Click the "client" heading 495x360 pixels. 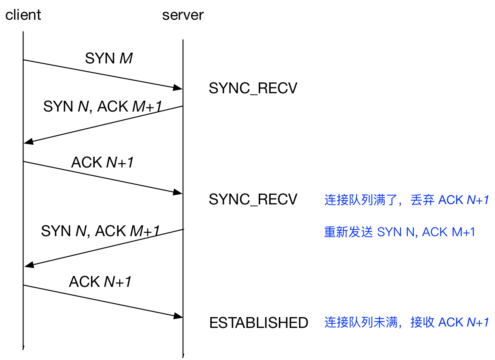pos(23,15)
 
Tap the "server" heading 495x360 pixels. pos(183,15)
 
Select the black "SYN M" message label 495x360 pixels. pos(109,58)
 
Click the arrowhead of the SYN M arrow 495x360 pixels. pos(178,88)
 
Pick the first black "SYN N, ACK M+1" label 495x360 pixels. pos(103,106)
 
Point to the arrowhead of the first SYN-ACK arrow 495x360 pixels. pos(28,141)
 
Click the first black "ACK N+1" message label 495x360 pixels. pos(102,162)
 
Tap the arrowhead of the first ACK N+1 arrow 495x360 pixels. pos(178,192)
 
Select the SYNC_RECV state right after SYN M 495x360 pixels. pos(253,88)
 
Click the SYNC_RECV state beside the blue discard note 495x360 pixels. pos(253,200)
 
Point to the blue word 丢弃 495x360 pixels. pos(422,200)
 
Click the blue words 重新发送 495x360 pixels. pos(349,232)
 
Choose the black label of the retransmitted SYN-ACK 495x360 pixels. pos(100,231)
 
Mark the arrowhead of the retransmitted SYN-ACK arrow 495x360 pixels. pos(29,265)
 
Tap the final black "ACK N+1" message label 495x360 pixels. pos(100,282)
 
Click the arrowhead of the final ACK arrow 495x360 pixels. pos(178,316)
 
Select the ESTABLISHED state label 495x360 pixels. pos(259,323)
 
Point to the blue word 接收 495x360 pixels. pos(422,322)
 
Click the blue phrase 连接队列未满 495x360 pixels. pos(361,322)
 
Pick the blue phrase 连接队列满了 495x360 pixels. pos(361,200)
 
